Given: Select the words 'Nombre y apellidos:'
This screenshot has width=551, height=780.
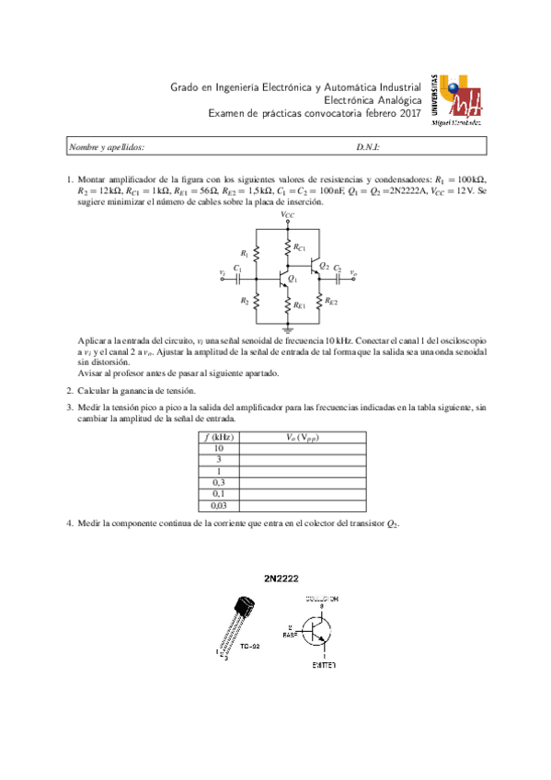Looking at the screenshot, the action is (107, 147).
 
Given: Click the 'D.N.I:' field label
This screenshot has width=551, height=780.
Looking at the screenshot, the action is (368, 147).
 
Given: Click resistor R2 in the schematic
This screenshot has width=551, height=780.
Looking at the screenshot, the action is (257, 301).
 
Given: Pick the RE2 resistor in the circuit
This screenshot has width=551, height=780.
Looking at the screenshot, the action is (319, 301).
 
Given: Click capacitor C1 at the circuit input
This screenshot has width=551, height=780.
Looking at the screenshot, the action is (238, 275).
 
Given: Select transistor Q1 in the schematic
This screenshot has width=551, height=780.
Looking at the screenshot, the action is (284, 276).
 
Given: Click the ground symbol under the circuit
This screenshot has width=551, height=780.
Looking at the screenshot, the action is (288, 327).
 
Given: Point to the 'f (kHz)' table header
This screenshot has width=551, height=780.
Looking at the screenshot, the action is (218, 437).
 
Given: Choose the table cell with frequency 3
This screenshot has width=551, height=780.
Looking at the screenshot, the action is (218, 459).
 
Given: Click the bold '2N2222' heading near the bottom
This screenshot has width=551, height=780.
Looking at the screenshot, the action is (281, 579).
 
